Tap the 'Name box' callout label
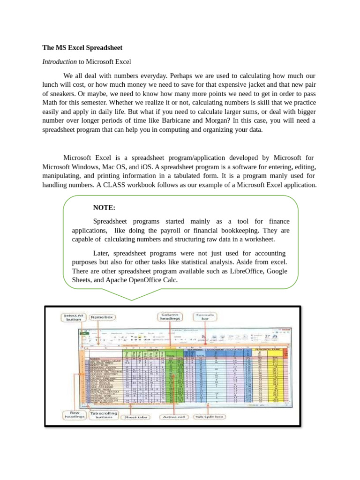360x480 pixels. point(102,317)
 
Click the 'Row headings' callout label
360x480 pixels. point(74,414)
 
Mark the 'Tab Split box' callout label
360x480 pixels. point(210,417)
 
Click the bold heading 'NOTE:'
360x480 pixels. point(104,208)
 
